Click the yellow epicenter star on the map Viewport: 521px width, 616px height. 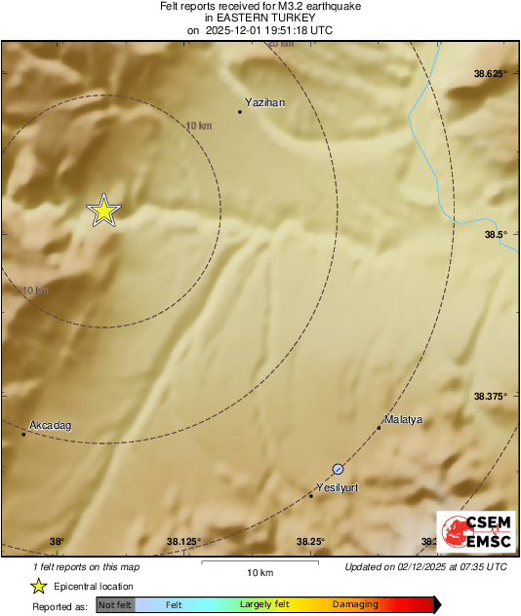click(x=103, y=211)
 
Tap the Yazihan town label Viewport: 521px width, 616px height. click(x=265, y=101)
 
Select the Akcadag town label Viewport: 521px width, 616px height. click(x=51, y=425)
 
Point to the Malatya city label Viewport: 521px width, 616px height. click(x=403, y=419)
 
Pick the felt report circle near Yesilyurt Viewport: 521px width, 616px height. click(x=338, y=469)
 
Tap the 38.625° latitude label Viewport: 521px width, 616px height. click(x=492, y=74)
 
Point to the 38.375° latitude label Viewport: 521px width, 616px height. click(x=492, y=396)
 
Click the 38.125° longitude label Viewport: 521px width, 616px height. click(x=183, y=542)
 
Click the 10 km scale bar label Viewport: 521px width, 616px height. click(x=259, y=571)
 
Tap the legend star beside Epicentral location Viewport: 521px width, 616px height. click(x=38, y=586)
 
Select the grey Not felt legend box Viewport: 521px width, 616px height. click(x=115, y=605)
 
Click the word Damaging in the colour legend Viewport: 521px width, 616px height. click(x=355, y=605)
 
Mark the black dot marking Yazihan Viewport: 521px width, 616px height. click(x=240, y=111)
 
